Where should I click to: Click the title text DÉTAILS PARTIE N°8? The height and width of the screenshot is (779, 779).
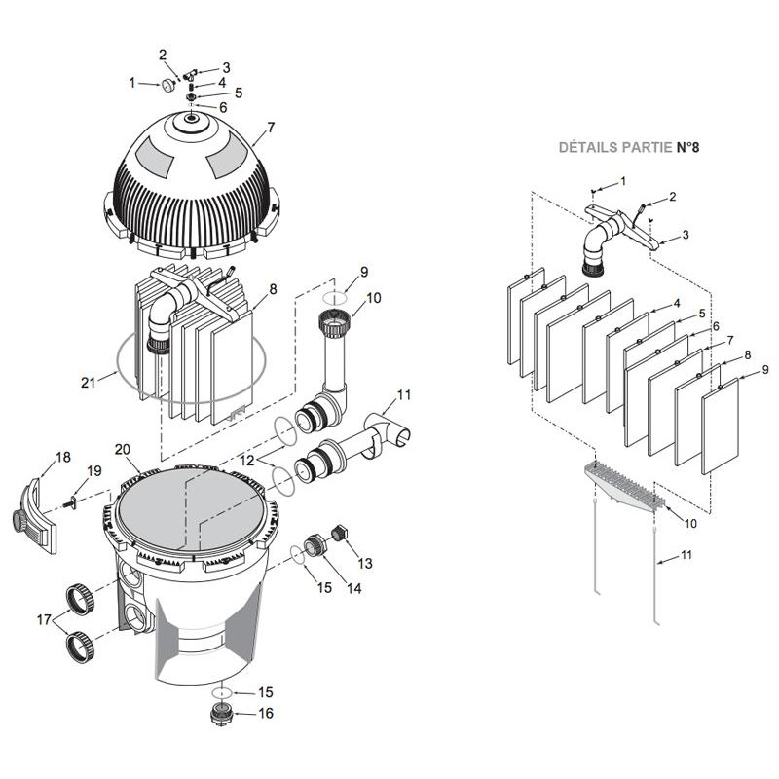628,148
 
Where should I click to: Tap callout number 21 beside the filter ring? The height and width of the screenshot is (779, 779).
89,382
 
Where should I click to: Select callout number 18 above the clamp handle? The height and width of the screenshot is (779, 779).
63,456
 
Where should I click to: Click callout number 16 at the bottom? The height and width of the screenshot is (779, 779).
266,713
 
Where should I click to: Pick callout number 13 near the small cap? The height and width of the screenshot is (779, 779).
364,563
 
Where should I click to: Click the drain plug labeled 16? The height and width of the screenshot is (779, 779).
222,713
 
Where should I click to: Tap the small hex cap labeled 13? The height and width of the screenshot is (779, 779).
340,533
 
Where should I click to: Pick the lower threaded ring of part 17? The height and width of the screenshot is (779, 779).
80,645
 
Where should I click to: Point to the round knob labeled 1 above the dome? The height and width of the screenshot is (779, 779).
168,86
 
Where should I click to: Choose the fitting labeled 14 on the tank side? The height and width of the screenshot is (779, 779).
315,546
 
